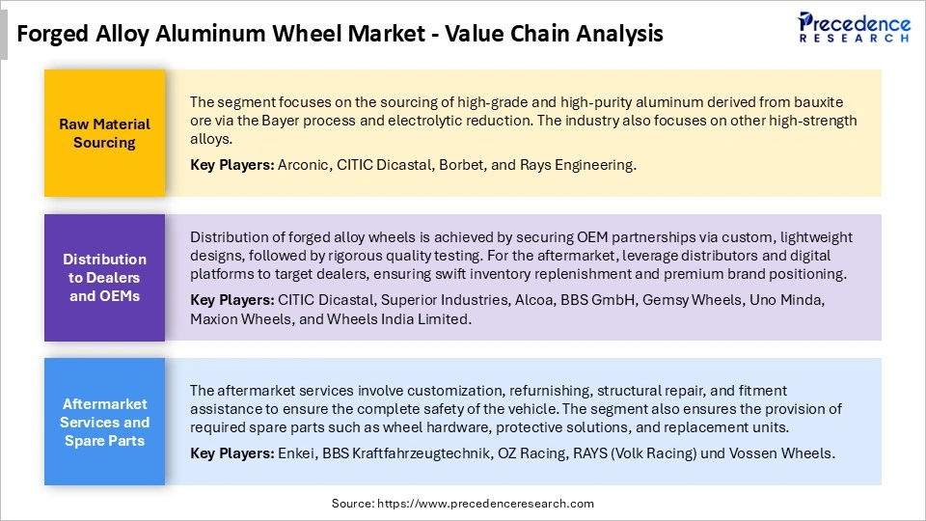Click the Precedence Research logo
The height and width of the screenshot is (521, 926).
(x=853, y=29)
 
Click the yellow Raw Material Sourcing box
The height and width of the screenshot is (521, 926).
(x=104, y=133)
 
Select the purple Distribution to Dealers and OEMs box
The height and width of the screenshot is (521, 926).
(x=104, y=277)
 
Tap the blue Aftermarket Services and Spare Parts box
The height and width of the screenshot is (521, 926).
(x=104, y=422)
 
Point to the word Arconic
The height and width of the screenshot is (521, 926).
(x=304, y=165)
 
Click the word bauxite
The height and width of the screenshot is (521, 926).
(x=827, y=101)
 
